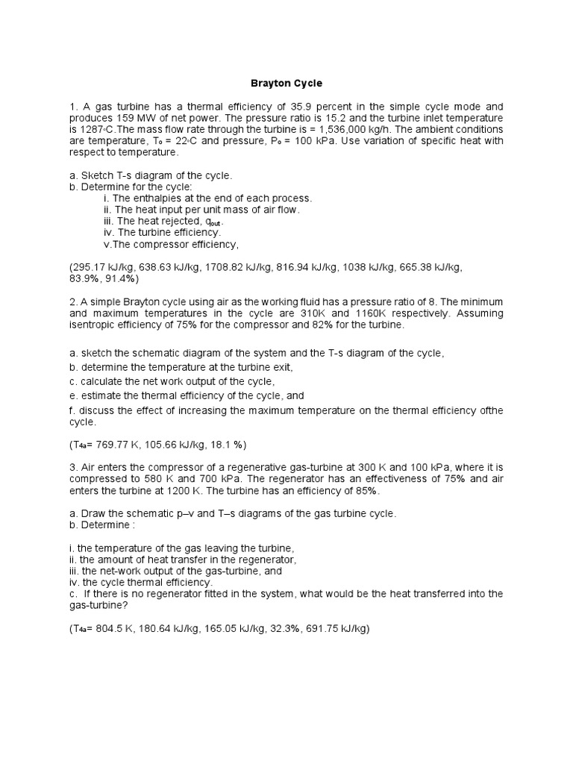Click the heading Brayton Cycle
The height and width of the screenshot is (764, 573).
point(286,84)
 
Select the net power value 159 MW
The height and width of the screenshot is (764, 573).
point(134,118)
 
